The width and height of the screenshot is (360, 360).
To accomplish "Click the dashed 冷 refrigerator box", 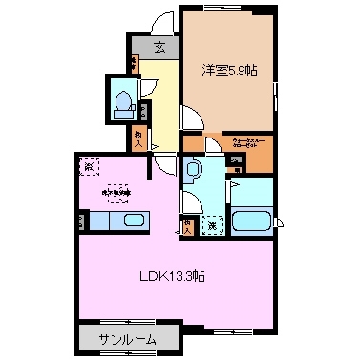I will tap(89, 164).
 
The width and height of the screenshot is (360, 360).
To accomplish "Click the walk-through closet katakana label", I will tap(251, 148).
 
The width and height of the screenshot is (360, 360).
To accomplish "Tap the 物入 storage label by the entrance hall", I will tap(139, 138).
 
